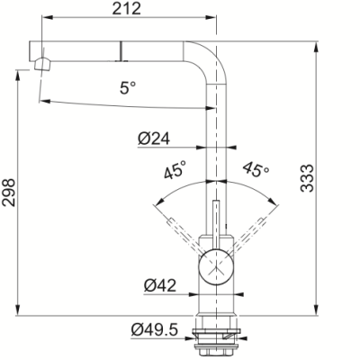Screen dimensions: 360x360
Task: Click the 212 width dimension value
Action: [126, 8]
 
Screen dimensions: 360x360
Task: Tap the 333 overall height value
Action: [307, 178]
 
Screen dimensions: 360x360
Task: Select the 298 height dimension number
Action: [8, 193]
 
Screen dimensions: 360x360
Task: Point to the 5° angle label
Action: [128, 87]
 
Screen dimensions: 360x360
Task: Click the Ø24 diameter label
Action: [154, 139]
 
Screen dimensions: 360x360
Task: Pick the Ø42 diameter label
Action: [160, 285]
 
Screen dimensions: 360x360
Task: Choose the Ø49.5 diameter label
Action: [155, 330]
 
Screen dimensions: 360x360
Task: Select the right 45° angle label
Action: [256, 169]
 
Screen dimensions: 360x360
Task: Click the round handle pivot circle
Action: [215, 266]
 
